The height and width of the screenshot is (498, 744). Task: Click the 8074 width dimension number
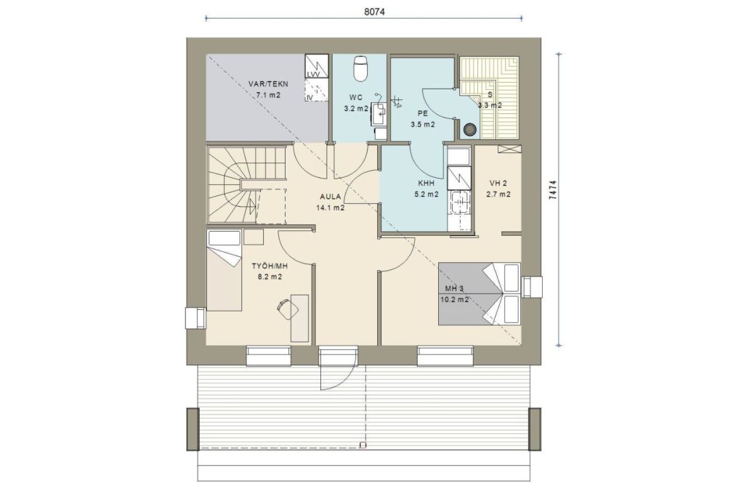(x=374, y=12)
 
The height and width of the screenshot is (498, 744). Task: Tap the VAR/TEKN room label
(x=268, y=84)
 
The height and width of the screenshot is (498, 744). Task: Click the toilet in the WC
(x=360, y=68)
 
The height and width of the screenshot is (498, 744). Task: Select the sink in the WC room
(x=379, y=113)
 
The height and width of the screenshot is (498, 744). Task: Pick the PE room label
(x=422, y=113)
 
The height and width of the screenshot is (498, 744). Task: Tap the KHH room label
(x=426, y=183)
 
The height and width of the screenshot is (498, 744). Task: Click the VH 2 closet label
(x=498, y=183)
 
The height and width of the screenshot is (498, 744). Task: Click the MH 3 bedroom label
(x=454, y=289)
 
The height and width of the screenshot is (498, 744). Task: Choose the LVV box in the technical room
(x=316, y=66)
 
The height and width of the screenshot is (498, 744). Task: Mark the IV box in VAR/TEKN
(x=316, y=90)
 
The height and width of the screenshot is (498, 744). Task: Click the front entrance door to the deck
(x=337, y=368)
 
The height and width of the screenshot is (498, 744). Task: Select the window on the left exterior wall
(x=195, y=318)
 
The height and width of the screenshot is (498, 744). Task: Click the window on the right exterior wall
(x=531, y=287)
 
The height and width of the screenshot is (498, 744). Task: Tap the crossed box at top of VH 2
(x=509, y=149)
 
